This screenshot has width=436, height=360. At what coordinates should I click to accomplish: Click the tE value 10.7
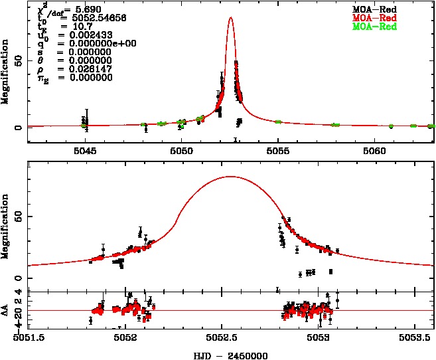click(x=68, y=27)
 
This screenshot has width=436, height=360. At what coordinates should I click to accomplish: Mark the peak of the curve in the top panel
click(x=230, y=18)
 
